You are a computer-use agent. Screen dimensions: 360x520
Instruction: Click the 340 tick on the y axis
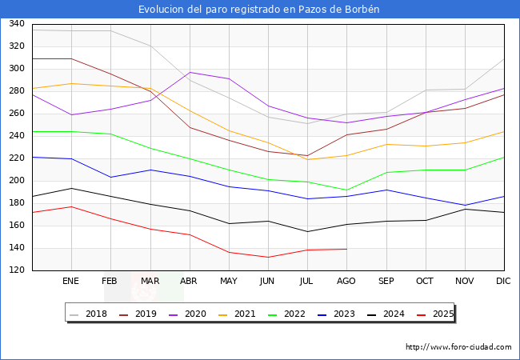point(15,24)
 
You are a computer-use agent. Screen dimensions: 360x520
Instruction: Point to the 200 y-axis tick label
point(15,181)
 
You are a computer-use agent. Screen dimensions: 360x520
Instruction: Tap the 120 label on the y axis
point(15,270)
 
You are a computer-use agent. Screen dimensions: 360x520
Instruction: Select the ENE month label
point(71,282)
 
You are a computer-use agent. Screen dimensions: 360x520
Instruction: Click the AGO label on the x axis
point(346,282)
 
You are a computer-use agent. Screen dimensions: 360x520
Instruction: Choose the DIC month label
point(503,282)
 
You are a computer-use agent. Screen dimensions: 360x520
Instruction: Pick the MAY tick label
point(229,282)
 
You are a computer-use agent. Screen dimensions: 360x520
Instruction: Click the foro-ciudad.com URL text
point(458,347)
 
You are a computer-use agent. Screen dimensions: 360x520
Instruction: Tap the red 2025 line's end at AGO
point(346,249)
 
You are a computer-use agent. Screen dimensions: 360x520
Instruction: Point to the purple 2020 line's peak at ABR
point(190,72)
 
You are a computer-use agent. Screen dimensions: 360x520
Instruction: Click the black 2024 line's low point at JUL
point(307,232)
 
